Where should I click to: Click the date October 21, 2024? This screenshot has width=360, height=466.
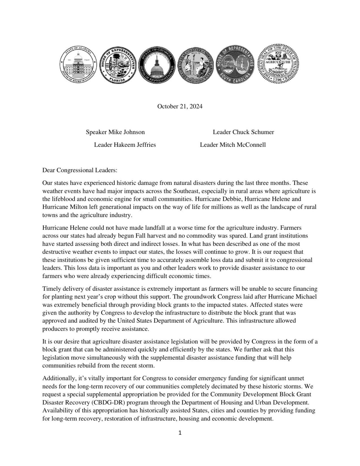180,106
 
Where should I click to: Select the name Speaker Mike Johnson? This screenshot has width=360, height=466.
115,132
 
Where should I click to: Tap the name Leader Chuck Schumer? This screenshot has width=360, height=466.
243,132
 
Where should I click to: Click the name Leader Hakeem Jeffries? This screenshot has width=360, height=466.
125,145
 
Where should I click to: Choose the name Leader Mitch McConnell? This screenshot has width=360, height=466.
233,145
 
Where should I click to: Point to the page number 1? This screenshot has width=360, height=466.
180,433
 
